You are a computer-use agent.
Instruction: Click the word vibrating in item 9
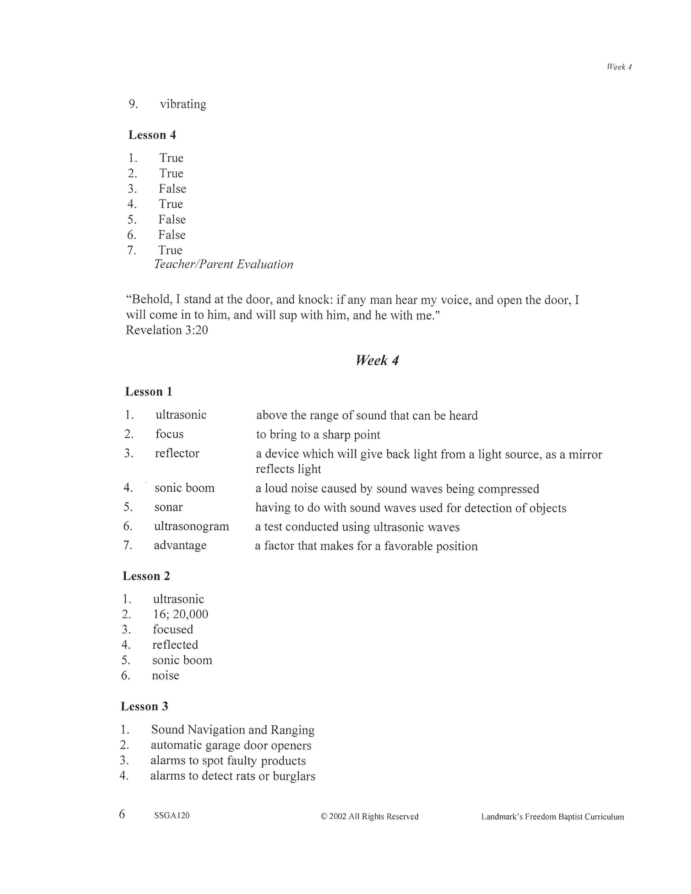click(183, 104)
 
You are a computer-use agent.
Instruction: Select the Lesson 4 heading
click(152, 135)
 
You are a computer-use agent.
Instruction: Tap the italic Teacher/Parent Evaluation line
click(223, 265)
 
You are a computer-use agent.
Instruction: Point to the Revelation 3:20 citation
click(167, 330)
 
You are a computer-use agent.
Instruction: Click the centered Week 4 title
click(377, 360)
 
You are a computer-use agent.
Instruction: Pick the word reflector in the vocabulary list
click(177, 453)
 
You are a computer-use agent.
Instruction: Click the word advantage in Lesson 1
click(180, 545)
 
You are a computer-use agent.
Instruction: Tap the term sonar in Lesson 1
click(168, 507)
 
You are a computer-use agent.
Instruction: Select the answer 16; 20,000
click(180, 614)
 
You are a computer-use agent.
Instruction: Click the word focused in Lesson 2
click(173, 629)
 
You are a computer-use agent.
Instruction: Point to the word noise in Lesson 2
click(165, 675)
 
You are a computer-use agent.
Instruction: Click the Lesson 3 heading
click(145, 707)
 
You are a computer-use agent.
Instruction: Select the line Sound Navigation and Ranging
click(233, 730)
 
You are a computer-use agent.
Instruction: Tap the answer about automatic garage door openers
click(231, 745)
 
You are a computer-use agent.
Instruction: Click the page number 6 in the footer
click(122, 814)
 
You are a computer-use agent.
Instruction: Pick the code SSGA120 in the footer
click(172, 816)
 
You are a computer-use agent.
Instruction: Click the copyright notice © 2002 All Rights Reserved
click(369, 817)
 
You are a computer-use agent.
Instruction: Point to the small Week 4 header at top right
click(619, 67)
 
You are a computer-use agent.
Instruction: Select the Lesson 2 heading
click(146, 576)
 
